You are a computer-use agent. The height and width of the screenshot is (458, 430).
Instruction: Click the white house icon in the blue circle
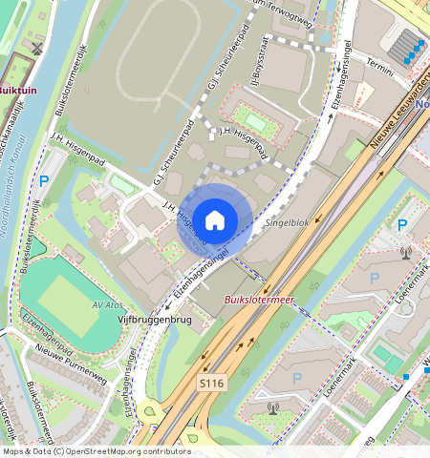(215, 219)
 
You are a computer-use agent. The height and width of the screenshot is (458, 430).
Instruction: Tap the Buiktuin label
(17, 91)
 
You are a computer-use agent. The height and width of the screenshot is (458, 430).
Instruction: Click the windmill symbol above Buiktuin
(36, 47)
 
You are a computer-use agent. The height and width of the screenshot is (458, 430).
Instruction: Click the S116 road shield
(211, 382)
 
